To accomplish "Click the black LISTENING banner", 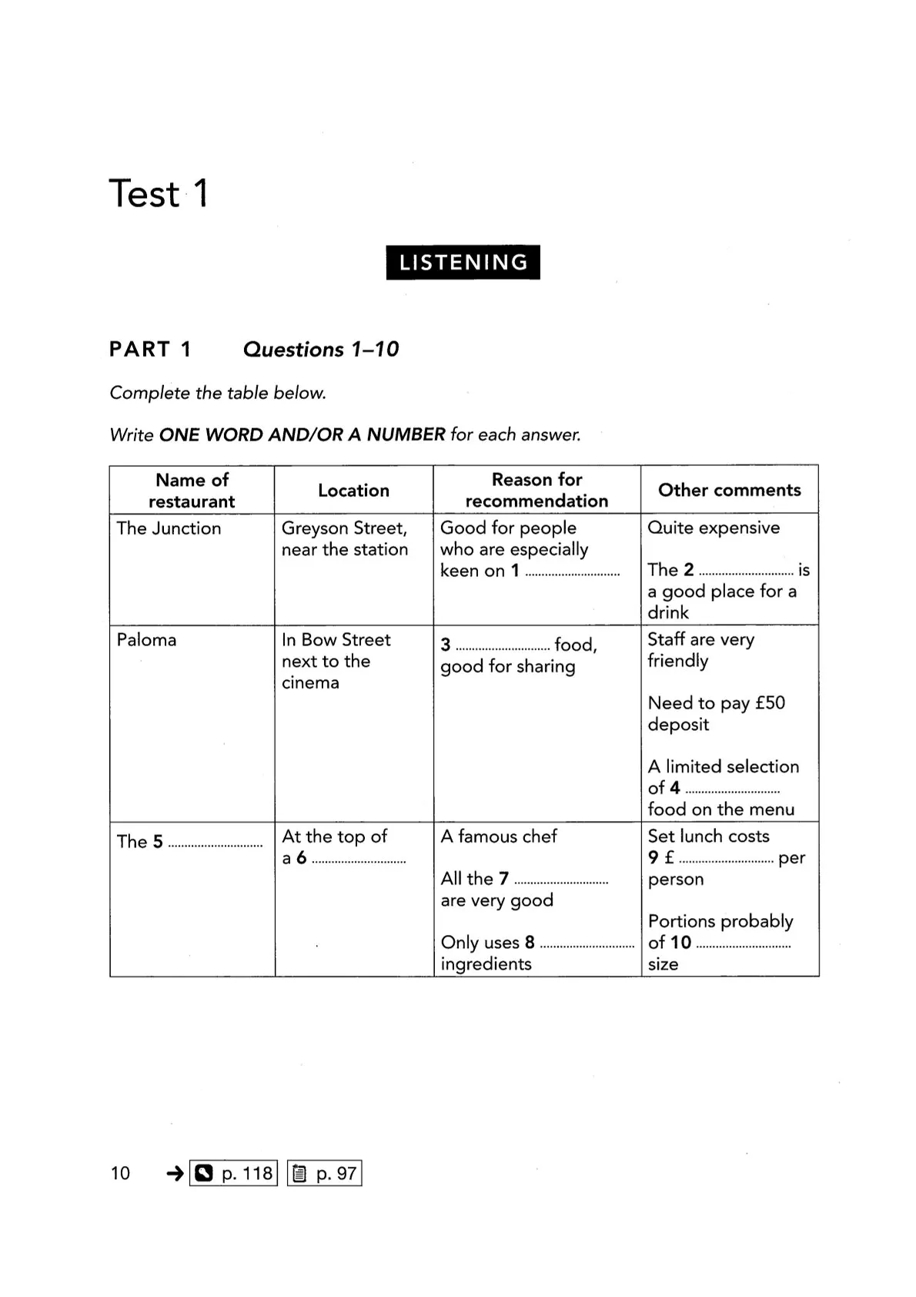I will point(463,262).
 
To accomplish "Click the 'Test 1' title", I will point(159,193).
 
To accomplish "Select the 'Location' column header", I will point(353,491).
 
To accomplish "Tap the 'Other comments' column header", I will point(729,490).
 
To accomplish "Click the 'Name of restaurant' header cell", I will point(192,491).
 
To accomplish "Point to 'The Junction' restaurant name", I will point(169,528).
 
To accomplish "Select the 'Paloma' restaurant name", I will point(146,640).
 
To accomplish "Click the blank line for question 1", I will point(572,573).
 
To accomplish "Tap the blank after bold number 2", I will point(746,572).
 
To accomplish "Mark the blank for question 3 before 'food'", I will point(502,648).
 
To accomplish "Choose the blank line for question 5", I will point(216,845).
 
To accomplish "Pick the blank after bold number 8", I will point(587,945).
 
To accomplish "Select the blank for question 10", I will point(743,945).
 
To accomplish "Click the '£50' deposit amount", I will point(770,703).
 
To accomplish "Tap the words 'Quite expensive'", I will point(714,528).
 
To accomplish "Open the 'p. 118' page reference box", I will point(233,1173).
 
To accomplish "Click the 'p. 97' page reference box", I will point(324,1173).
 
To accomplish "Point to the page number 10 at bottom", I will point(120,1173).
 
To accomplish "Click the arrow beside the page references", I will point(175,1173).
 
